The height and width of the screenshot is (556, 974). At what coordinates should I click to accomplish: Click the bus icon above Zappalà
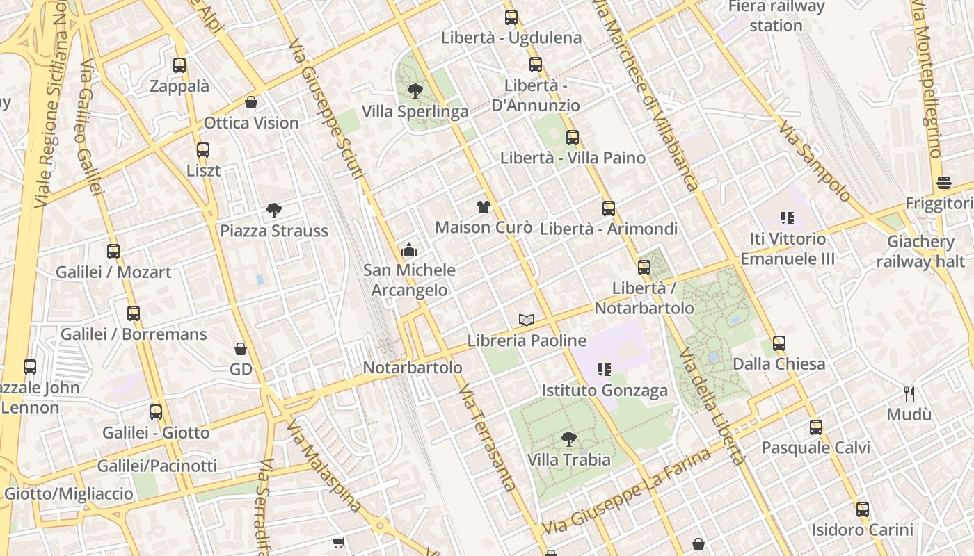coord(179,65)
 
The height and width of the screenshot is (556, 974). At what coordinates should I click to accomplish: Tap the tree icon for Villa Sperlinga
coord(415,90)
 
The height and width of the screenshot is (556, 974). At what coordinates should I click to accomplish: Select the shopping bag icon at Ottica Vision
coord(251,102)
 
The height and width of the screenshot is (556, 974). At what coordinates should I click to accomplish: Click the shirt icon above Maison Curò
coord(484,206)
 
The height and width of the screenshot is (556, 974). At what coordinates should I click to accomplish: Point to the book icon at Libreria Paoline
coord(527,320)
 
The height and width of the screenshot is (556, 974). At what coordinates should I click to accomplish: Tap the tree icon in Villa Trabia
coord(568,439)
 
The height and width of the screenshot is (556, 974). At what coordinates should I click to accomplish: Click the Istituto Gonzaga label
coord(604,391)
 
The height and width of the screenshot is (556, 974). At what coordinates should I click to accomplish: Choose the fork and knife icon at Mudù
coord(909,393)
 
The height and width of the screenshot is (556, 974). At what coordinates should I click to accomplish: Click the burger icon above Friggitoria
coord(944,183)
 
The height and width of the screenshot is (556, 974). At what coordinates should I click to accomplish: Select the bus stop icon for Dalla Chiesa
coord(779,343)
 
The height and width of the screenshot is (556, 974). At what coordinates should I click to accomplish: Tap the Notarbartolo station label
coord(413,368)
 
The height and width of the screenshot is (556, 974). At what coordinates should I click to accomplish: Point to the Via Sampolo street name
coord(813,161)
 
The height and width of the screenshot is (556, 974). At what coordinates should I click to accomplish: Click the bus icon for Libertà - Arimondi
coord(608,208)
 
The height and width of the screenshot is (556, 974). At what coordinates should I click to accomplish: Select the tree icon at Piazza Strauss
coord(274,210)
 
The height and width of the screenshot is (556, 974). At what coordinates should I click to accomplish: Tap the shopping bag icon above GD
coord(241,348)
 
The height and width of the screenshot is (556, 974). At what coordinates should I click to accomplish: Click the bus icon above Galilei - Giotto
coord(156,411)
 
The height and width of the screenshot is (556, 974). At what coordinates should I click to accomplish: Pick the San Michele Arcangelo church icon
coord(409,250)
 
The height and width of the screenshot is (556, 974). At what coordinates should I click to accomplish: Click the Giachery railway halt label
coord(920,252)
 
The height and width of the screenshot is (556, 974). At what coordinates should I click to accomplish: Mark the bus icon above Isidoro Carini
coord(863,509)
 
